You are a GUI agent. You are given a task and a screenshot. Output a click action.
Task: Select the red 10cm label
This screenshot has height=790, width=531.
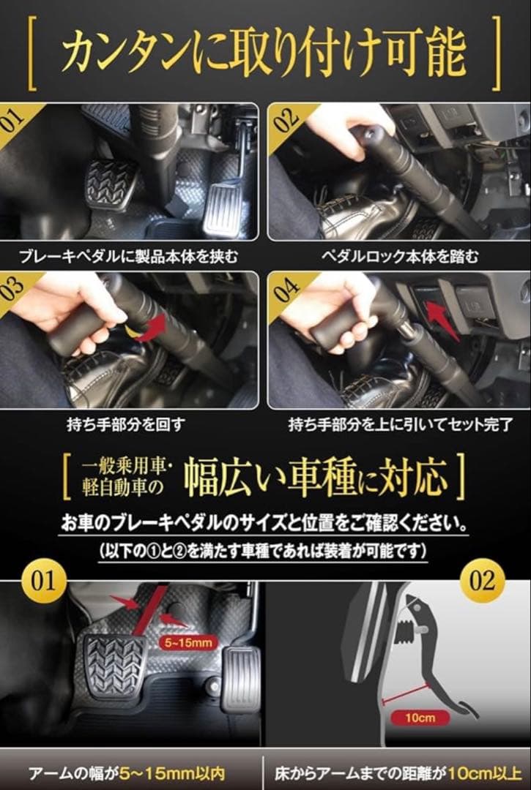(x=420, y=717)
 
